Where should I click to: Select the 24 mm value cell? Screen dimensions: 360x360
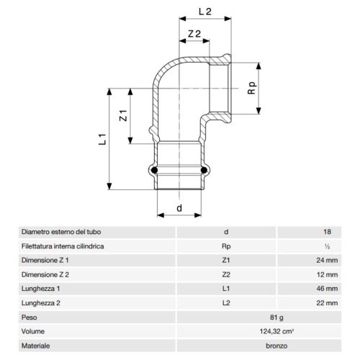click(x=326, y=259)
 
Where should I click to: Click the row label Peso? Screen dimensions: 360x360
click(x=31, y=318)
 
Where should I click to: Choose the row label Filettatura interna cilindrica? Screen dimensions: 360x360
click(x=66, y=246)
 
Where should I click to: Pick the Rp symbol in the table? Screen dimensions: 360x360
click(x=227, y=246)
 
